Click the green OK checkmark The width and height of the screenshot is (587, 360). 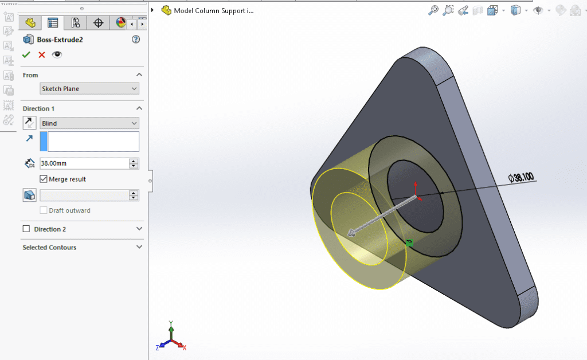[x=26, y=54]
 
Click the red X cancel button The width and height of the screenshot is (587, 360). [x=41, y=54]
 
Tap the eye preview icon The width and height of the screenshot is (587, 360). [x=57, y=54]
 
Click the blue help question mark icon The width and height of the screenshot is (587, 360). [x=136, y=40]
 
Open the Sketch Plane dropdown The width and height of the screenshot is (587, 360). [x=89, y=89]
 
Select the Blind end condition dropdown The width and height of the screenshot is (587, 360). [x=89, y=123]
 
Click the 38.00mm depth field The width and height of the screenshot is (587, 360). [x=84, y=163]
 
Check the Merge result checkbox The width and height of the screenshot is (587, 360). [x=44, y=179]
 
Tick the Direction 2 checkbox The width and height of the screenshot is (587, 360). [x=26, y=229]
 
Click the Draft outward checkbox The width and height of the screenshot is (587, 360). [x=44, y=210]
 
